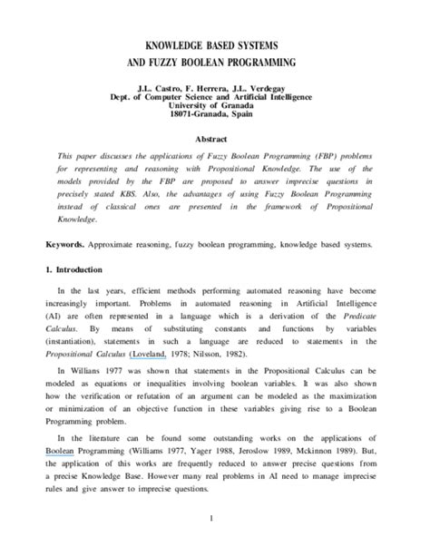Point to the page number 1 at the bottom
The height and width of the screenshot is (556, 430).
coord(215,521)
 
